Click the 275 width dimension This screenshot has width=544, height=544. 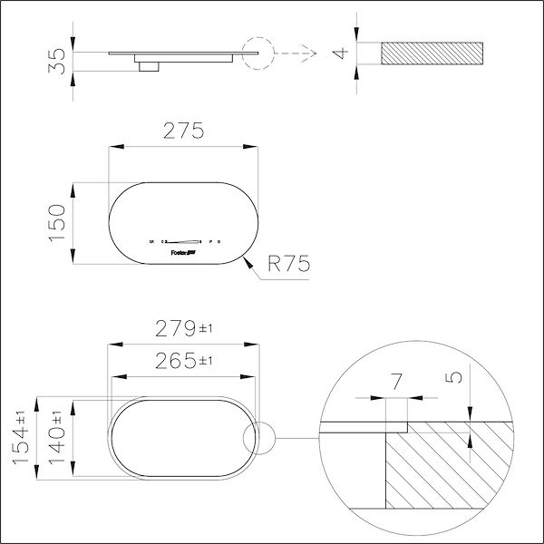click(182, 131)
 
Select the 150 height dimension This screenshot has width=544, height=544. click(56, 222)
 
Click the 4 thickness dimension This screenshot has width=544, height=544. click(341, 52)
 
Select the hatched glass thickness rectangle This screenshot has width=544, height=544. click(432, 52)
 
